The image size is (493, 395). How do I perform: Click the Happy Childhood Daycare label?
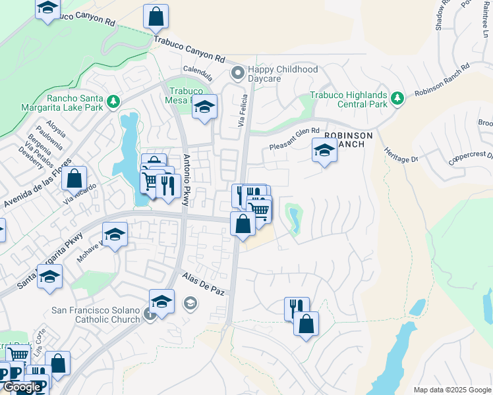click(x=282, y=74)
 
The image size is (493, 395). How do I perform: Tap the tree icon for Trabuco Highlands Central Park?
click(x=397, y=98)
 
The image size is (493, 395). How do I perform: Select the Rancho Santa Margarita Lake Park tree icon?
click(x=113, y=101)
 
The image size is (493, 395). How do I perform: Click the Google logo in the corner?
click(x=22, y=388)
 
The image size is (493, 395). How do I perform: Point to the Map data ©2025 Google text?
click(x=451, y=390)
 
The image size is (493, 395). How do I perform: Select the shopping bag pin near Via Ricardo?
click(x=75, y=178)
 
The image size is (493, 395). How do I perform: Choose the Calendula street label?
click(x=198, y=70)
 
